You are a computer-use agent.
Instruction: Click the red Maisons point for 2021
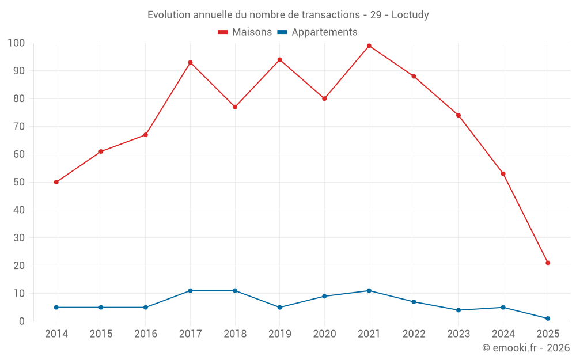(369, 46)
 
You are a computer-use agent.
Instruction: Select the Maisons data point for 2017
(190, 62)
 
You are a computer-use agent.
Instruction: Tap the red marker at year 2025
(548, 263)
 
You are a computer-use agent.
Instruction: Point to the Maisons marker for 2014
(56, 182)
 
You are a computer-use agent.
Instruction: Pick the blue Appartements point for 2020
(324, 296)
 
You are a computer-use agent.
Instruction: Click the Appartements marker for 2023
(458, 310)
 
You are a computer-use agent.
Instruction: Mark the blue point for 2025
(548, 319)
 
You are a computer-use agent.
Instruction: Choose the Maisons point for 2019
(279, 60)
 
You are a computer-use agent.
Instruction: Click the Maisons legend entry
(245, 32)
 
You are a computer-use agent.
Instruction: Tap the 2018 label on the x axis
(235, 334)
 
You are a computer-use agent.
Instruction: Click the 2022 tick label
(414, 334)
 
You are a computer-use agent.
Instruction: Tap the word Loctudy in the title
(410, 15)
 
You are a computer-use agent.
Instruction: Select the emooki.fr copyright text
(526, 348)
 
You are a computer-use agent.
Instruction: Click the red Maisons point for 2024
(503, 173)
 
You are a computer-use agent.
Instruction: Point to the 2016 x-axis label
(145, 334)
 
